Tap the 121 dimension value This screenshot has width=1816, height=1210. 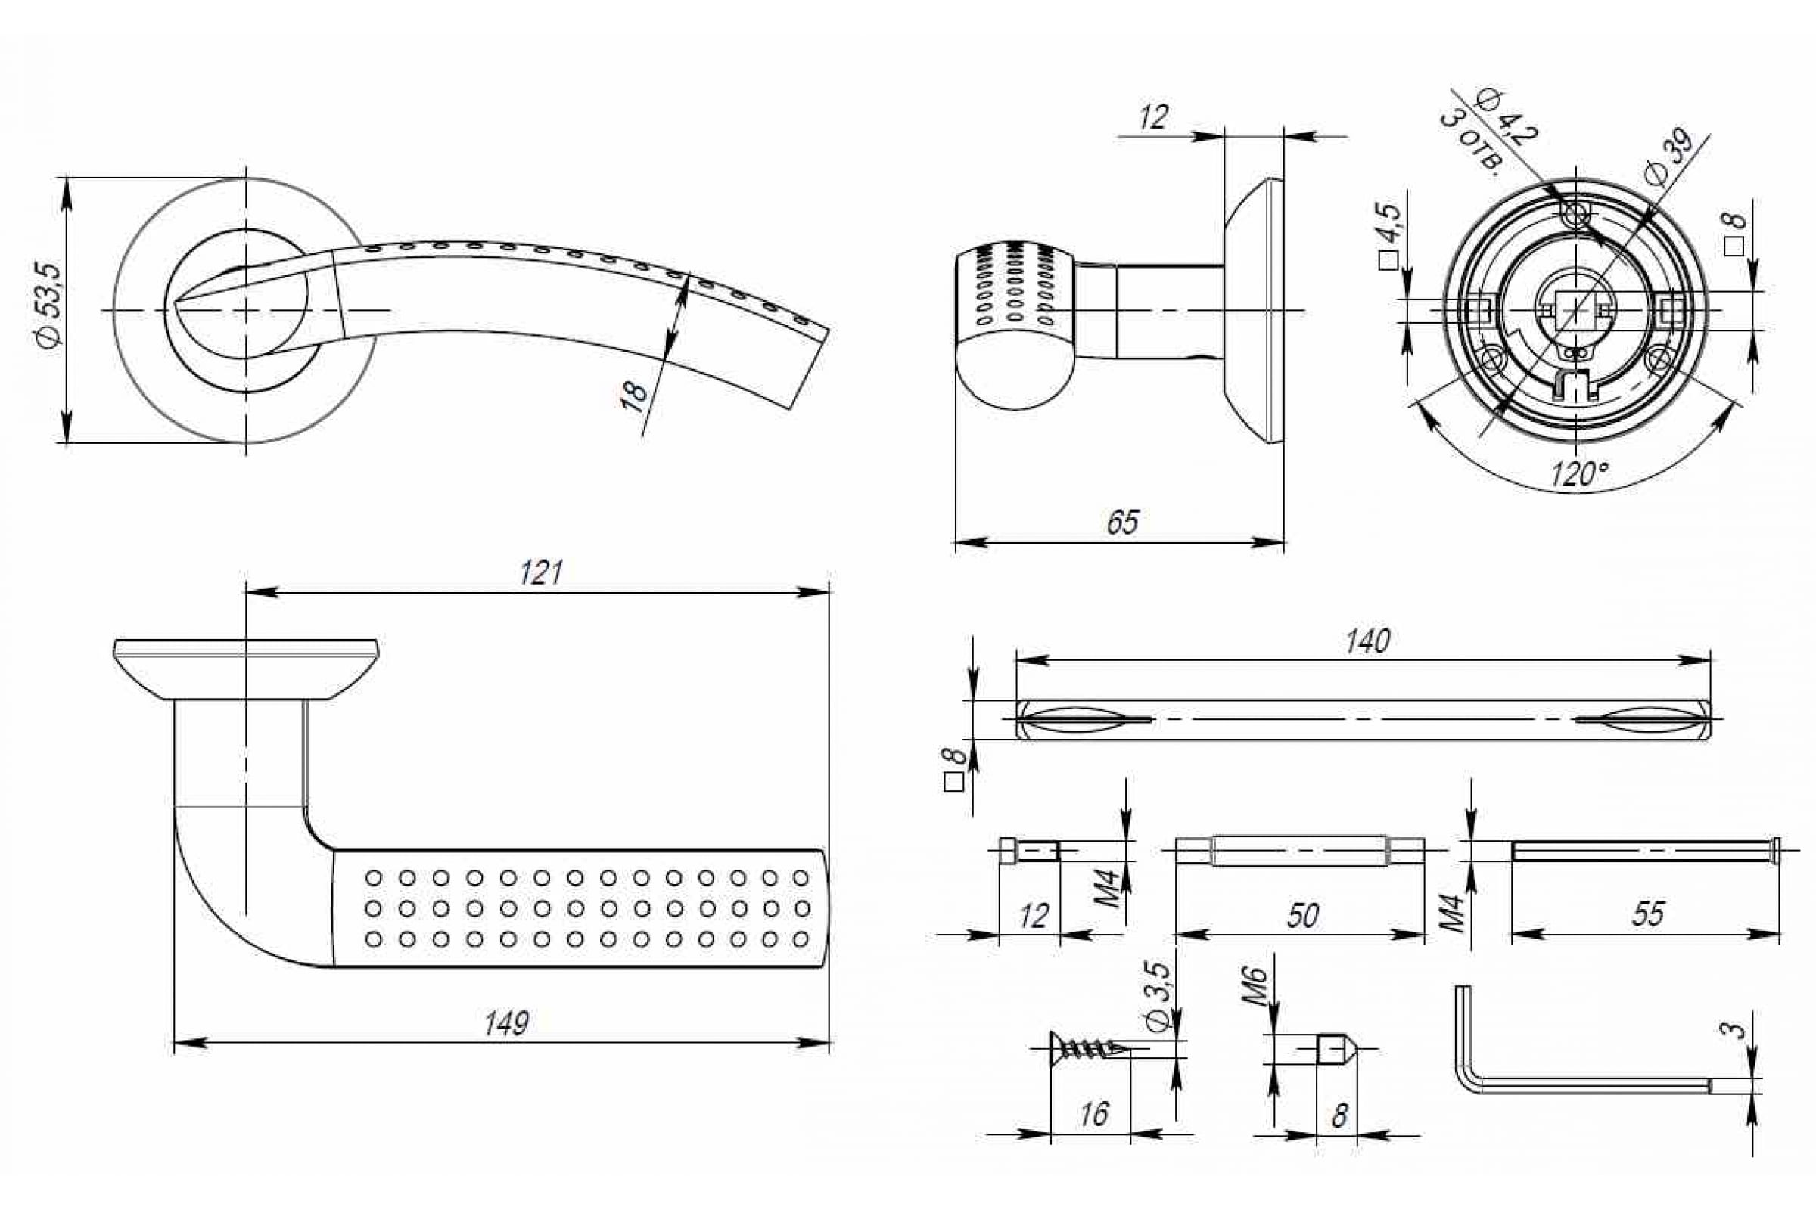[x=540, y=573]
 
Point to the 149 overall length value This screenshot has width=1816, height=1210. [x=506, y=1024]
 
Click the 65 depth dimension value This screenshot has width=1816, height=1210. [x=1122, y=523]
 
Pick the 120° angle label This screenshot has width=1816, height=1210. [x=1580, y=474]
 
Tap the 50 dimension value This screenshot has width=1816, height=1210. [x=1302, y=915]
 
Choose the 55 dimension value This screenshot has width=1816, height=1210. [x=1648, y=914]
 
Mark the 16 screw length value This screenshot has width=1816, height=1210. [x=1094, y=1113]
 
